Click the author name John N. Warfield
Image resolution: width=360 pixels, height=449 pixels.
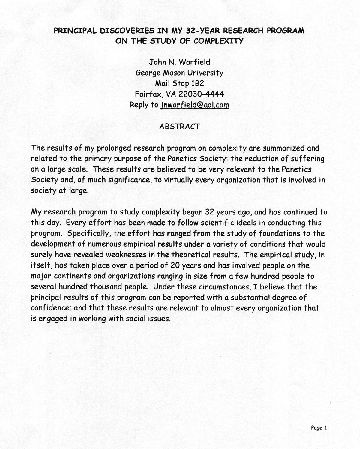tap(179, 62)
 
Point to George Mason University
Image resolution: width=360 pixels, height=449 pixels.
tap(179, 73)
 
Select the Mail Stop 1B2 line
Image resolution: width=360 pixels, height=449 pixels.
tap(179, 83)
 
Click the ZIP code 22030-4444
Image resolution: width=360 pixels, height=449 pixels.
tap(201, 94)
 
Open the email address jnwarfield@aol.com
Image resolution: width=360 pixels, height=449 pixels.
tap(195, 105)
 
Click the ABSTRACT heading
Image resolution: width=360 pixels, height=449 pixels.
tap(179, 126)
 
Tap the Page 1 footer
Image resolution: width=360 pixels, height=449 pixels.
tap(319, 428)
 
